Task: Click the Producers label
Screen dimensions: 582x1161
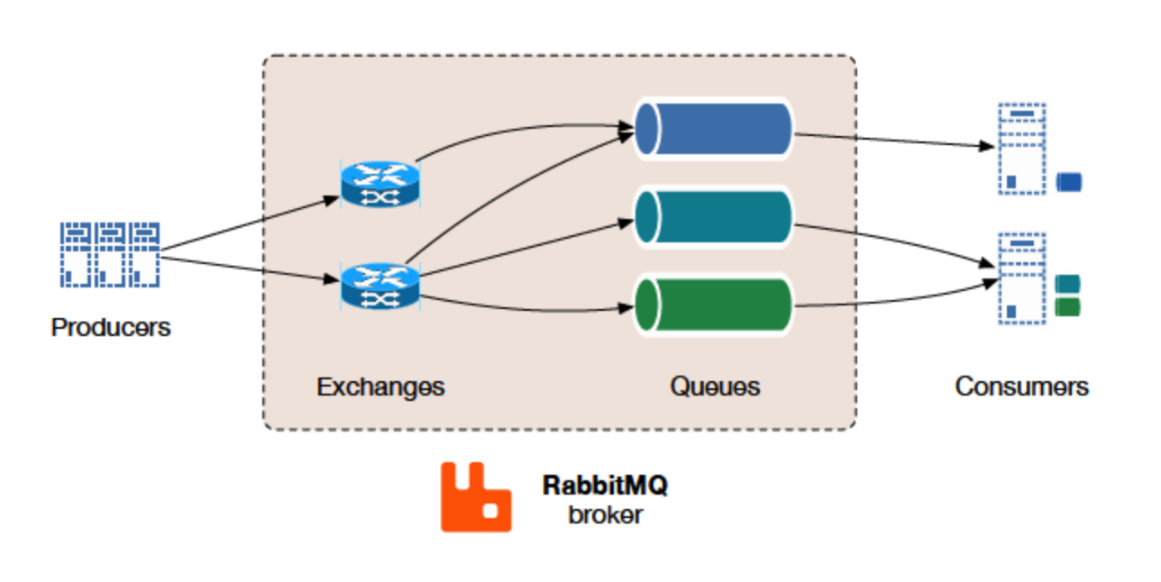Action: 110,327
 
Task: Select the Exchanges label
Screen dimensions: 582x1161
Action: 379,386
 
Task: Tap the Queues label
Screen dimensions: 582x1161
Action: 714,386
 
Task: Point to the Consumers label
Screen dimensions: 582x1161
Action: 1021,386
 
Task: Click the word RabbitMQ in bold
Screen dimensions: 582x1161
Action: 605,486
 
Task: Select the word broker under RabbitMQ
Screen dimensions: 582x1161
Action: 605,515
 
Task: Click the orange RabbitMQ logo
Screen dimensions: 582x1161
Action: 475,497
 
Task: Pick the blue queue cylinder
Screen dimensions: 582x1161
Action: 713,130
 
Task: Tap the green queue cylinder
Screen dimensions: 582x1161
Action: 713,305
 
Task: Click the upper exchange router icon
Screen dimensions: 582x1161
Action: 380,184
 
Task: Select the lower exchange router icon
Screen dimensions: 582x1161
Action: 380,285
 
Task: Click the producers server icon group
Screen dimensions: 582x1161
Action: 109,254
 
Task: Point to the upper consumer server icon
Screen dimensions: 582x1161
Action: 1020,149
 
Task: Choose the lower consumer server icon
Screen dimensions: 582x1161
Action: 1020,277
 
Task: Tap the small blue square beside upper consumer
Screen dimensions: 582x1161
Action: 1068,183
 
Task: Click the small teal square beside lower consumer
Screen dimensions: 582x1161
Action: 1067,285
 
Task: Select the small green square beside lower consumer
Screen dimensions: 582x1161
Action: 1067,307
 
